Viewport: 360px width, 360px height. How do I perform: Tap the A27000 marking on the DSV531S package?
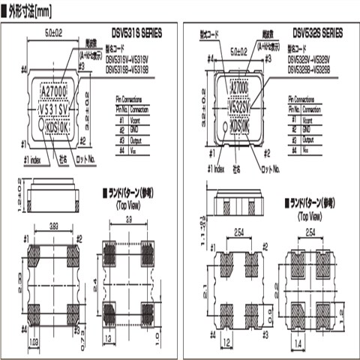pos(57,92)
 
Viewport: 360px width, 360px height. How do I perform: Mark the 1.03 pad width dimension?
pos(34,341)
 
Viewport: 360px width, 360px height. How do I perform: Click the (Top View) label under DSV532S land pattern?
pos(310,214)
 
